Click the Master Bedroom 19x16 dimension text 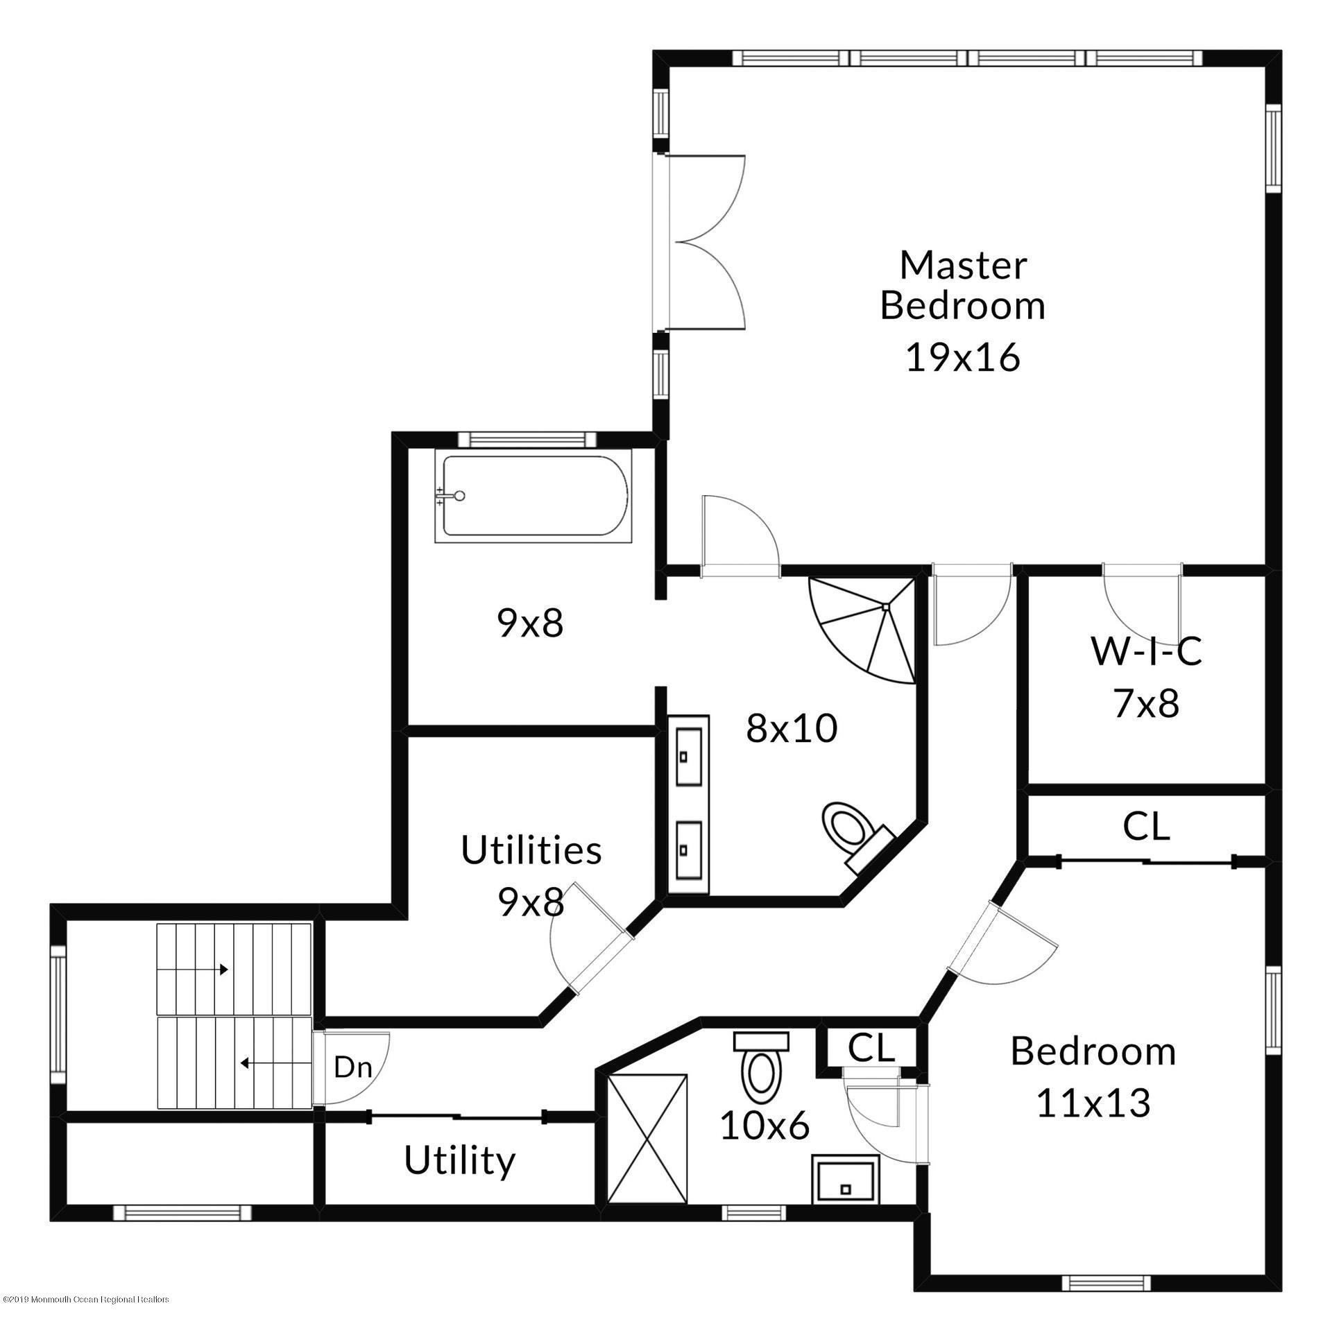click(963, 359)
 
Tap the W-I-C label click(1146, 651)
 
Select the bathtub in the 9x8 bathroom click(533, 495)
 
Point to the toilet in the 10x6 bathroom click(761, 1063)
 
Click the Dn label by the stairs click(353, 1067)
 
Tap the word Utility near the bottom click(460, 1161)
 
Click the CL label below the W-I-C click(1147, 827)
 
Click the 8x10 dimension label click(792, 729)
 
